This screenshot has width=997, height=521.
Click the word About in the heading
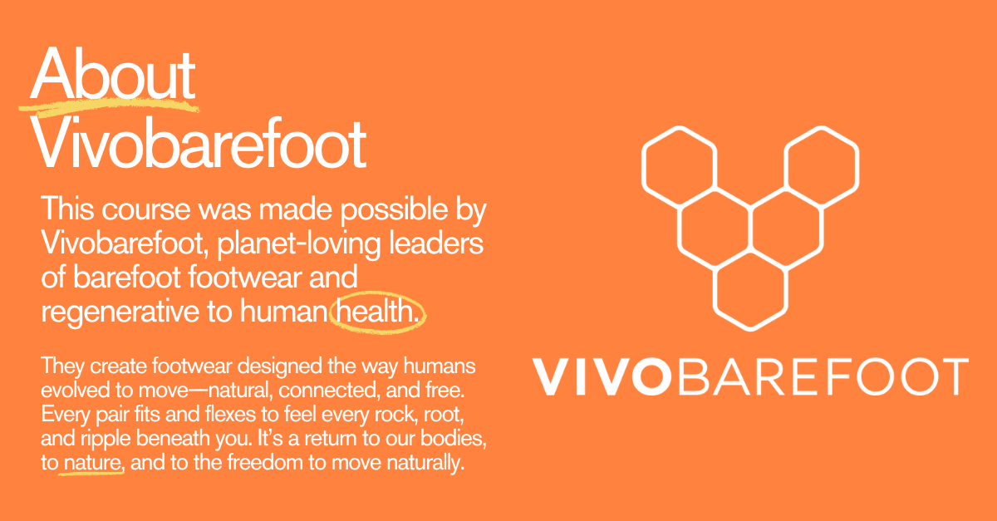point(113,74)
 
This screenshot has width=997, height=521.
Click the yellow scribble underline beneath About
point(109,106)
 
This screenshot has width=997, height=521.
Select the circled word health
point(377,311)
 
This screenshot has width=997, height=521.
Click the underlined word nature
point(92,463)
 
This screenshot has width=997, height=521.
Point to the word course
point(146,209)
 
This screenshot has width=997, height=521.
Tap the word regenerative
point(120,312)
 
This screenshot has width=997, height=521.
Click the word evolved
point(75,390)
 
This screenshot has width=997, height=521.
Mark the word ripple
point(106,440)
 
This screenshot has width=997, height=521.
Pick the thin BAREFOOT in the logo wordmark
point(823,376)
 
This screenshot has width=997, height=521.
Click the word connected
point(329,390)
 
